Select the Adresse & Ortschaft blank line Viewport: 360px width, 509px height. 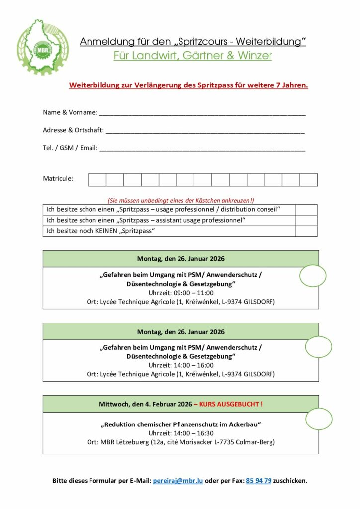pos(205,130)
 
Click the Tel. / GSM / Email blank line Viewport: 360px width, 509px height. pos(202,148)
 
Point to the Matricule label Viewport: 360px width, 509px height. pos(58,178)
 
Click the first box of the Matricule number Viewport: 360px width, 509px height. pos(97,180)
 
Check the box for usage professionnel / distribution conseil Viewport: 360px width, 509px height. pos(306,210)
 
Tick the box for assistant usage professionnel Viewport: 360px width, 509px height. pos(306,220)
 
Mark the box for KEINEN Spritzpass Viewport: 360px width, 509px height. pos(306,231)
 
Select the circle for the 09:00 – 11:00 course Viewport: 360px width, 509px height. pos(313,276)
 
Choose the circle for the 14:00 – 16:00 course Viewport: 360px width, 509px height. pos(318,346)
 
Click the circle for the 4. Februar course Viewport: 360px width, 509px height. pos(319,419)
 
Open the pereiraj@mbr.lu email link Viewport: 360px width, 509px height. pos(178,481)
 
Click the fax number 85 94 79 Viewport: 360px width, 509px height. pos(259,481)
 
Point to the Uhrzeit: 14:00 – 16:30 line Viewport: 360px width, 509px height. pos(181,433)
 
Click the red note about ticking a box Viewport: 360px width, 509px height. pos(180,200)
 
